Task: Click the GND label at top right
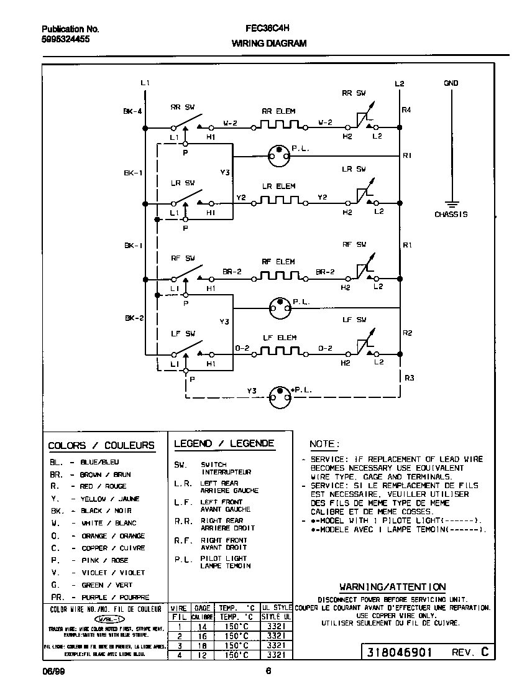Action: point(451,83)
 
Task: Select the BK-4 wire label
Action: point(133,112)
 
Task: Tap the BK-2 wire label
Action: point(134,318)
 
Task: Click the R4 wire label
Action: point(407,110)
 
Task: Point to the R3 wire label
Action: point(408,377)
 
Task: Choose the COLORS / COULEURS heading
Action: point(101,445)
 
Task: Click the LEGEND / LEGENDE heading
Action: point(224,443)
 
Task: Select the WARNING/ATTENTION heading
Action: point(392,586)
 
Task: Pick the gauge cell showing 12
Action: point(201,655)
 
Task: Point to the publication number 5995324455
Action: point(65,39)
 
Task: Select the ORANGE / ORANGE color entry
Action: point(113,536)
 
